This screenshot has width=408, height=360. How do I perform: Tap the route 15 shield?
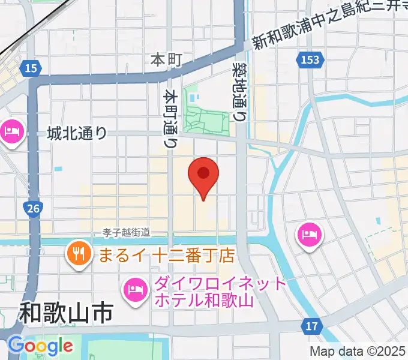32,68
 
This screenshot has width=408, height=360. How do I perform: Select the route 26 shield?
33,208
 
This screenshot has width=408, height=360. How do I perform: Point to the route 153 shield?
308,59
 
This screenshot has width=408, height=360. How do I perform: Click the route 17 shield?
311,325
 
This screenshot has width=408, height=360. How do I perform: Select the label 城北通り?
77,133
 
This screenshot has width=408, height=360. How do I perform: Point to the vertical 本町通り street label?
171,119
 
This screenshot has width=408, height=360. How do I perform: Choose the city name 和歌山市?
66,313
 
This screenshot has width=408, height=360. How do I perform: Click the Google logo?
40,346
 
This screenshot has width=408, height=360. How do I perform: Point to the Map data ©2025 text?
357,351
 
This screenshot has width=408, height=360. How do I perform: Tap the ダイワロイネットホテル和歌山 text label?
204,291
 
